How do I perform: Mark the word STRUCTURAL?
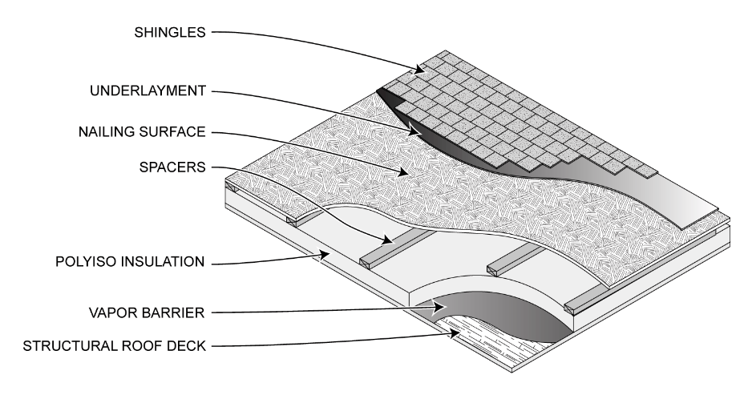point(69,347)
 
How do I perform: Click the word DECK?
point(188,347)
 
